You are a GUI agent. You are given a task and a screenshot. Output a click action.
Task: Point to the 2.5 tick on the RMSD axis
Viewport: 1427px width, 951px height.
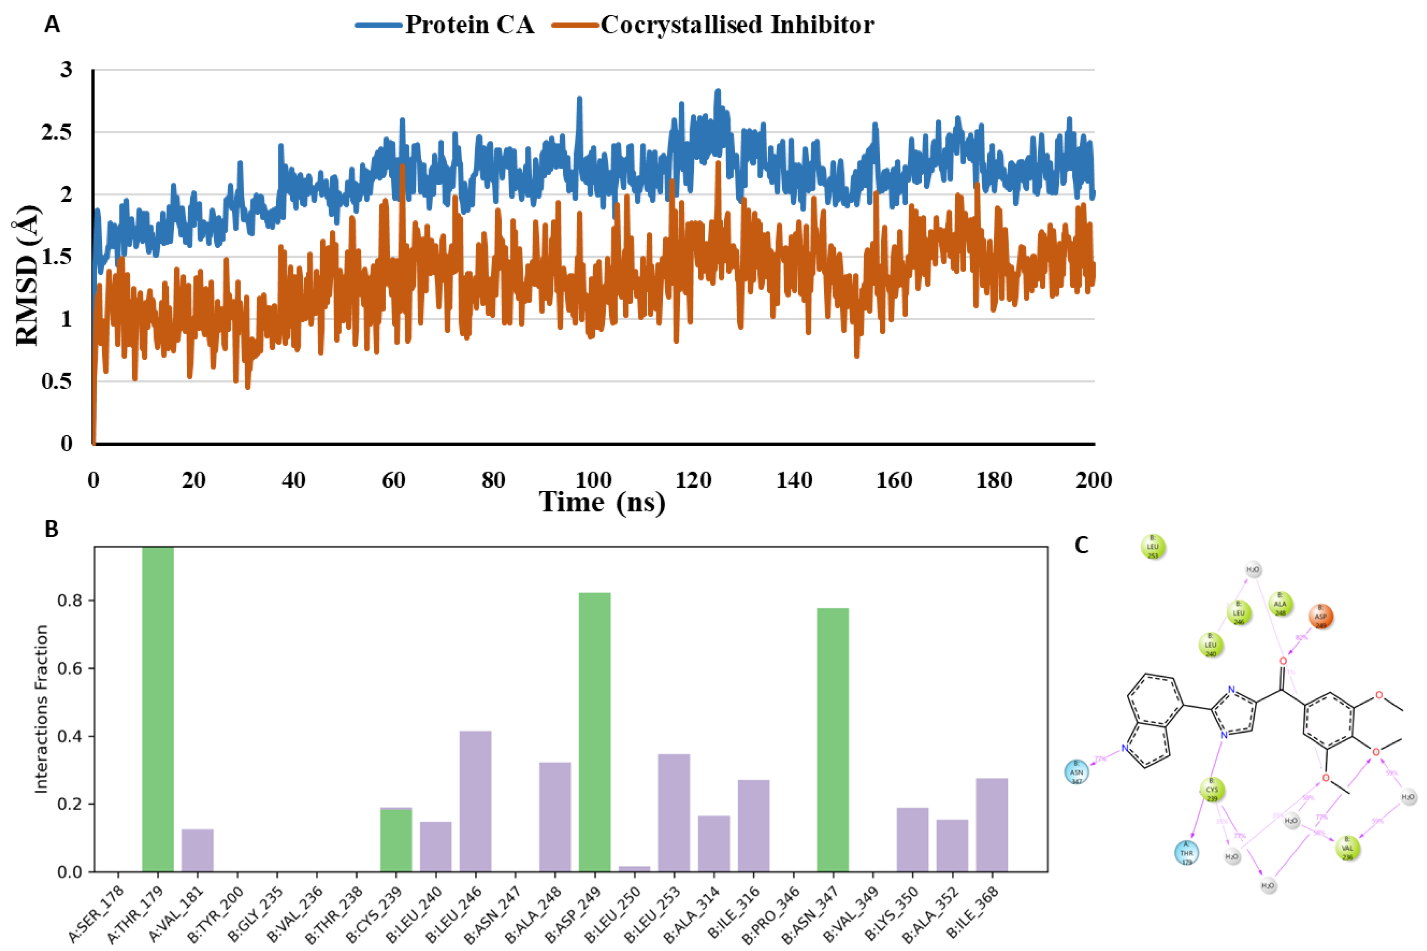56,132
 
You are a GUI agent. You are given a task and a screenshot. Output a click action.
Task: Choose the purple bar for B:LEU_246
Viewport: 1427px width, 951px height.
475,801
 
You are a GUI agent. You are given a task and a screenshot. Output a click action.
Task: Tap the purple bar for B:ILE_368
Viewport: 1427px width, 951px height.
992,824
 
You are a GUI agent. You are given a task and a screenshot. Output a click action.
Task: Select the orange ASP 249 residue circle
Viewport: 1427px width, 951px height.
1320,617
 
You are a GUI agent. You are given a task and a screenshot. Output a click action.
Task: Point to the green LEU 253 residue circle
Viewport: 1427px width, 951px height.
1153,546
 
